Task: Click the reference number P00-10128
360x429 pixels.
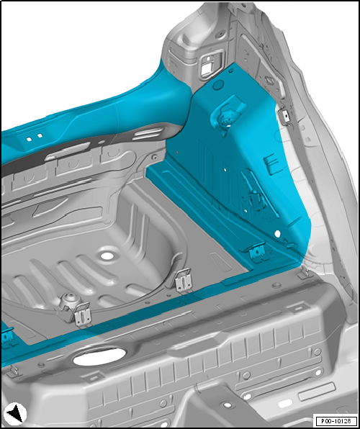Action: click(336, 420)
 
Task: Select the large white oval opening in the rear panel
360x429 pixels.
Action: click(99, 356)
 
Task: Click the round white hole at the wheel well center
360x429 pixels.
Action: click(107, 256)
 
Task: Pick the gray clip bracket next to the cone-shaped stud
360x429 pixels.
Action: click(82, 315)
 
